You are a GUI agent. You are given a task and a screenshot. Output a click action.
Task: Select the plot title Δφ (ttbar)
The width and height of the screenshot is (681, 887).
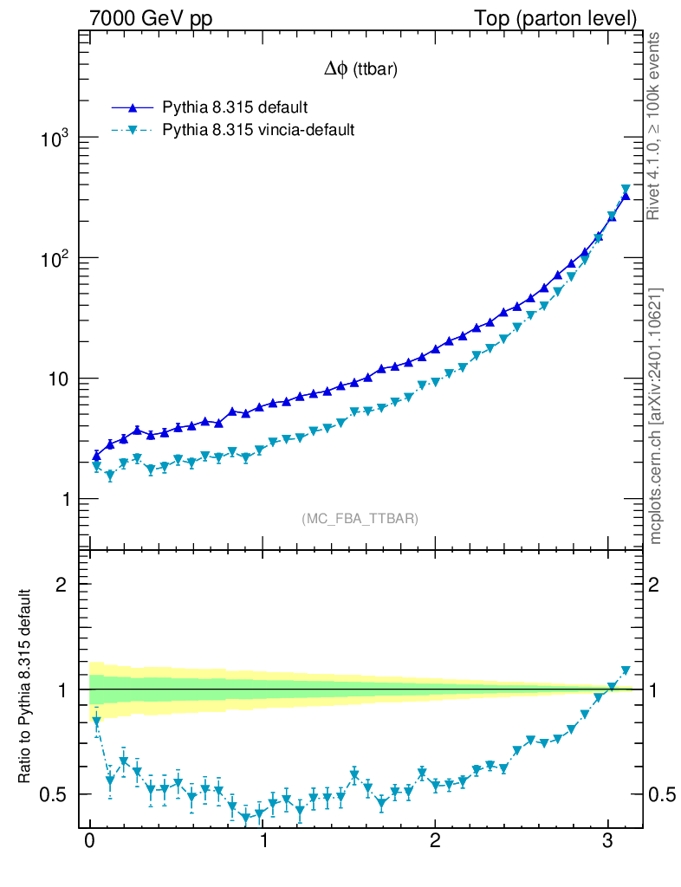(x=360, y=70)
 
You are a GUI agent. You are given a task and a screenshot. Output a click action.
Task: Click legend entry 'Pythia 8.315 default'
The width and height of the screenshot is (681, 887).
(x=235, y=107)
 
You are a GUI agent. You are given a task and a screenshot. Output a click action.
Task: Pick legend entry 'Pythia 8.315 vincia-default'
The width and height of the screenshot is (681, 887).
(x=258, y=130)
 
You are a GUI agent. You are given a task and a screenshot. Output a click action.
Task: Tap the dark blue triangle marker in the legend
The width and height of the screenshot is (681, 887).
(x=133, y=107)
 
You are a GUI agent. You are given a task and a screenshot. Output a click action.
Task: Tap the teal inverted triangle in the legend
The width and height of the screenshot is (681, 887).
(x=133, y=131)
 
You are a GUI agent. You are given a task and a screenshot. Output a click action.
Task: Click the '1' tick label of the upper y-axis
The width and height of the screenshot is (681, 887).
(x=62, y=500)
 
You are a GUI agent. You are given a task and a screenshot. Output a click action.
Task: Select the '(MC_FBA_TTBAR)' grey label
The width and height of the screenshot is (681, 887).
(x=360, y=519)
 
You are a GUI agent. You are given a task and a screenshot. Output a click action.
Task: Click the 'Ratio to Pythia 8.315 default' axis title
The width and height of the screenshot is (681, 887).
(x=26, y=688)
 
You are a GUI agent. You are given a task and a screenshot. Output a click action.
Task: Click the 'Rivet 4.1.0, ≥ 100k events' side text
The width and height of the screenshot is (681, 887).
(x=656, y=126)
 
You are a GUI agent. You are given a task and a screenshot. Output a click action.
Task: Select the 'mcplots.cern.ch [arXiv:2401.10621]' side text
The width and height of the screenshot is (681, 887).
(x=656, y=416)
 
